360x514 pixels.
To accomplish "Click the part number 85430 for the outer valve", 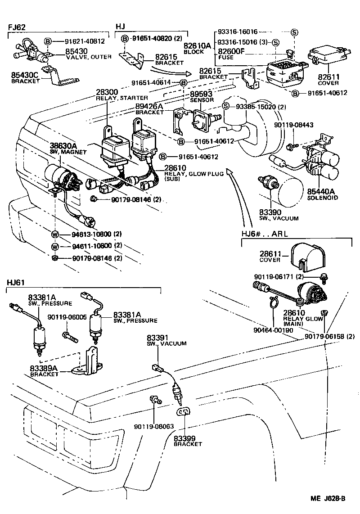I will tap(76, 51).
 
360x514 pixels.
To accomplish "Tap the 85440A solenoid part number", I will tap(321, 191).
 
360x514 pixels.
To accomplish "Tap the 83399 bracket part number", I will tap(186, 438).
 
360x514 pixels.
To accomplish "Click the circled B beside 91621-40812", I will tap(48, 41).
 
